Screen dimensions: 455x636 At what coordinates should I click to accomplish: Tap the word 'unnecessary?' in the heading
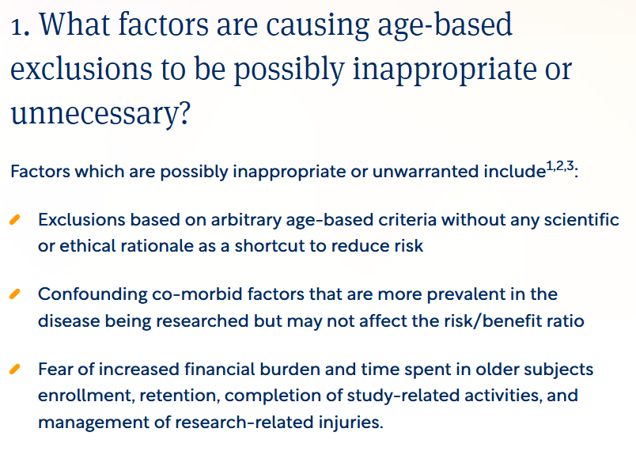[100, 115]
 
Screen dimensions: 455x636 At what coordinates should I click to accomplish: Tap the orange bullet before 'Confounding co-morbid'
[15, 294]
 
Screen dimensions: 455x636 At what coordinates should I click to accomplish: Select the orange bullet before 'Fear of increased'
[15, 370]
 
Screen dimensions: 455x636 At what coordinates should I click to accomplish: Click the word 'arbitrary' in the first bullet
[276, 219]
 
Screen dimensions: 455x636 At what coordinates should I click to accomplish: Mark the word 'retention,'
[165, 396]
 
